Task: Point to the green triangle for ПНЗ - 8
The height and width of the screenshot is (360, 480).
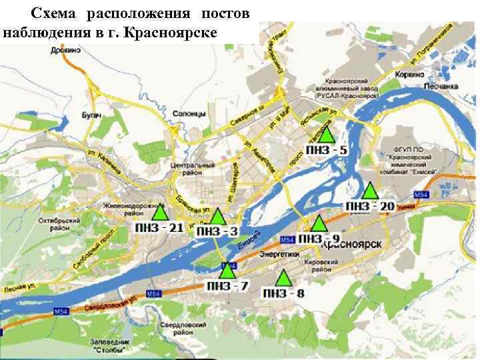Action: tap(283, 278)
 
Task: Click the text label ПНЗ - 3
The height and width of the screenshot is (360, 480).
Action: tap(217, 231)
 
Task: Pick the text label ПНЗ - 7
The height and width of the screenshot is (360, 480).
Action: tap(227, 287)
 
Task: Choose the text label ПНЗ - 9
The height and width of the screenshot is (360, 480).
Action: tap(319, 239)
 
